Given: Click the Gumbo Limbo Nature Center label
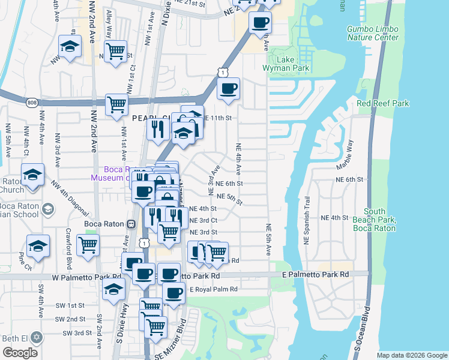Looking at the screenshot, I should coord(372,33).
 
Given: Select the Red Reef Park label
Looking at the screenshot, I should coord(382,103).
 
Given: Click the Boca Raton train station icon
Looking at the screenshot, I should coord(131,224).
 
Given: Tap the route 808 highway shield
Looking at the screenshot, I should coord(32,103).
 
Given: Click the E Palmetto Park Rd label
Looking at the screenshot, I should coord(315,274).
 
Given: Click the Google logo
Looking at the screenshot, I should coord(20,353).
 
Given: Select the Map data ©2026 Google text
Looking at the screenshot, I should coord(411,355).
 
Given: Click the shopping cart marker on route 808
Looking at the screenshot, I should coord(116,104).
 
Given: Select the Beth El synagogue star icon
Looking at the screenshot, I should coord(37,338).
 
